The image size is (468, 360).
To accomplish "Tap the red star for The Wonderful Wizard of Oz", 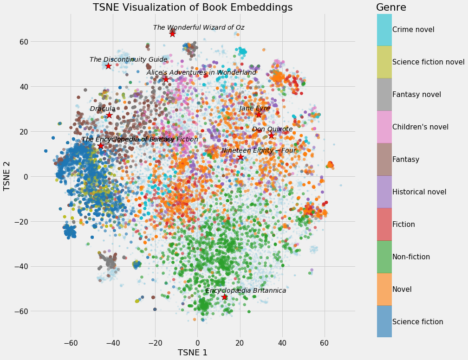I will coord(172,34).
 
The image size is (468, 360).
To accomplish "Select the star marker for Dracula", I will coord(109,115).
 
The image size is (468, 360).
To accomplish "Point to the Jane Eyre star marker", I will coord(259,115).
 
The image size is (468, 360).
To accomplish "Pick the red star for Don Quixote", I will coord(271,135).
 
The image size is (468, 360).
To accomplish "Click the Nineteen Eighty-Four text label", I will coord(258,150).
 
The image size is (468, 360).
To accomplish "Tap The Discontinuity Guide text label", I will coord(128,59).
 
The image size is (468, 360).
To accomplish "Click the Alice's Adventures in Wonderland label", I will coord(201,72).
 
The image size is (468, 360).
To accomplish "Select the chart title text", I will coord(193,7).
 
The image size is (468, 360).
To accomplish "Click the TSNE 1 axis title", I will coord(193,353).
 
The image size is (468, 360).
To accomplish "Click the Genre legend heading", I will coord(391,7).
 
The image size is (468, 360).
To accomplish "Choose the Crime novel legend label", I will coord(413,30).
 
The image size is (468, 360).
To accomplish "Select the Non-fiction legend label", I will coord(411,257).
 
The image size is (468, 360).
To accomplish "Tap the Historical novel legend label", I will coord(419,192).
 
